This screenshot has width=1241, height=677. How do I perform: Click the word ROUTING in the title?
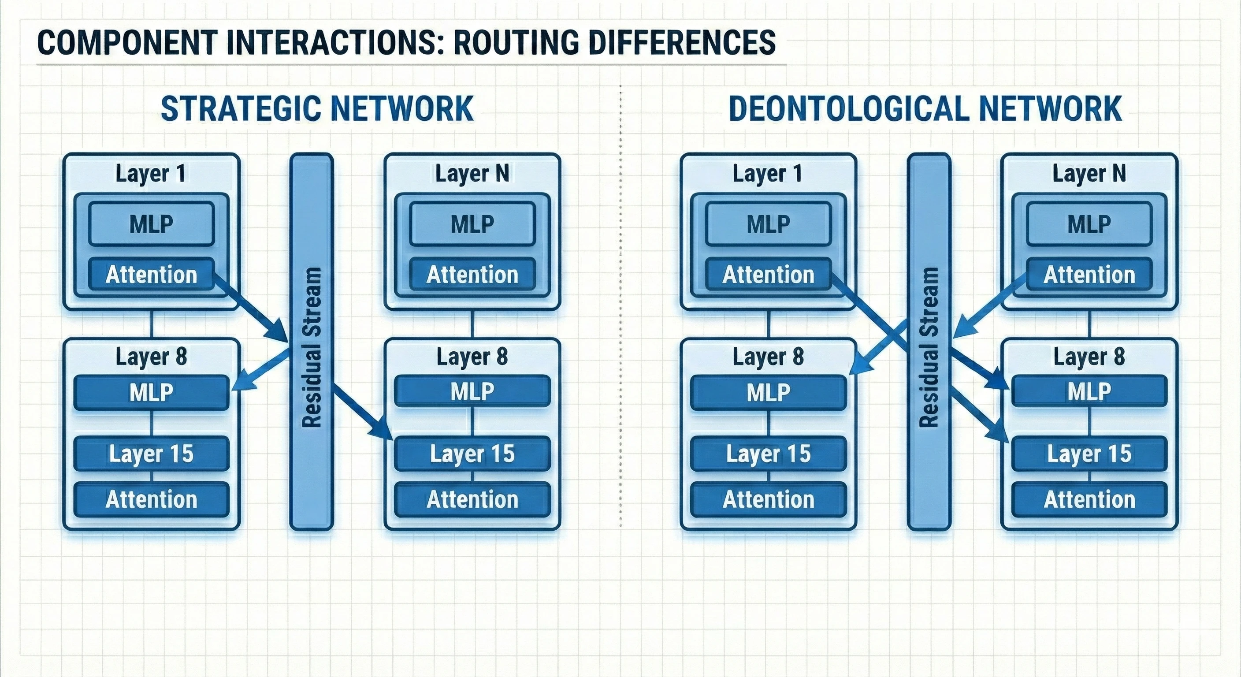(x=516, y=42)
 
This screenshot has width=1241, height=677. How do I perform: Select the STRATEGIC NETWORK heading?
(x=316, y=108)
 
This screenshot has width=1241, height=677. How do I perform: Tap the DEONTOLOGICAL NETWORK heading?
(x=925, y=108)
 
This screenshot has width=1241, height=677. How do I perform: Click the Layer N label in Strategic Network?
(x=472, y=174)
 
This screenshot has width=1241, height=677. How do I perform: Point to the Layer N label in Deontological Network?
(x=1089, y=174)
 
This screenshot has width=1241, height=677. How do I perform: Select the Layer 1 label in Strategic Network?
(x=151, y=174)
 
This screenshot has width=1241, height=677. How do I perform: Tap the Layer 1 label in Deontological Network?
(x=768, y=174)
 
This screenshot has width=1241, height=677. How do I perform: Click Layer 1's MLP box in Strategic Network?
(x=151, y=224)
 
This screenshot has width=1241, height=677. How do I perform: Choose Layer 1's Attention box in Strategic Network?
(x=151, y=275)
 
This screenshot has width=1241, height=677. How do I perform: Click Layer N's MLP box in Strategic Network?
(x=472, y=224)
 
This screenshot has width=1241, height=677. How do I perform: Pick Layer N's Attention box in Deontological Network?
(x=1089, y=275)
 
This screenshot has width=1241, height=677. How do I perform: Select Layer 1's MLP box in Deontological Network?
(x=768, y=224)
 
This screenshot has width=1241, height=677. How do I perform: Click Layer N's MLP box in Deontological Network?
(x=1089, y=224)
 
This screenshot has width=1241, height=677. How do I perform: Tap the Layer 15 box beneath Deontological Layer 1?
(x=768, y=454)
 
